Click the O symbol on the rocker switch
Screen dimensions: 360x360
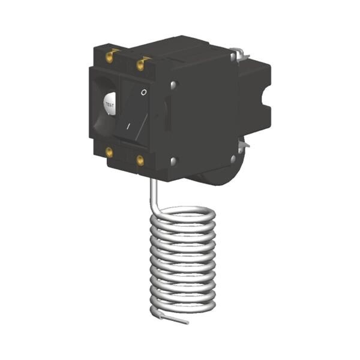144,92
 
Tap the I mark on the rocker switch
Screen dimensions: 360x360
128,126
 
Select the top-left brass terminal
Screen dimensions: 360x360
110,57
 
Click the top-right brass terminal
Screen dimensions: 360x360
140,65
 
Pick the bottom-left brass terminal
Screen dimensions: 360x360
109,152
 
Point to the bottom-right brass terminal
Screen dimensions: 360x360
140,160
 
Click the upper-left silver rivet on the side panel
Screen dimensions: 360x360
174,84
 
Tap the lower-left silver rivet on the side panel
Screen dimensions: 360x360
173,161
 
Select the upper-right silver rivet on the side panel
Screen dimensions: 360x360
233,56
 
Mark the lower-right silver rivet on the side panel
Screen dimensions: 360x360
233,158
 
